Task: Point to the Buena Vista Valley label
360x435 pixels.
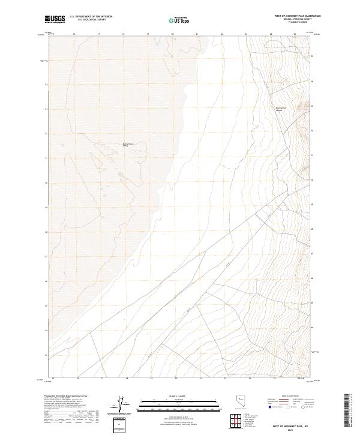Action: [x=128, y=145]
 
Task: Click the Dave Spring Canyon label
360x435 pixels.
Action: [x=278, y=109]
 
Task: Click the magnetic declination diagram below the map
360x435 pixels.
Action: [x=121, y=404]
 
